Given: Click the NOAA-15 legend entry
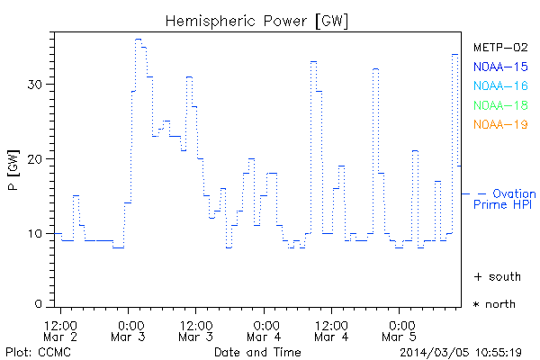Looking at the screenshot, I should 499,67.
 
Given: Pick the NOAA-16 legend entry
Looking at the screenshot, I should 499,86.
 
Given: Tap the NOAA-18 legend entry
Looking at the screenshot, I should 499,105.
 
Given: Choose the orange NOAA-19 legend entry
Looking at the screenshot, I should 499,124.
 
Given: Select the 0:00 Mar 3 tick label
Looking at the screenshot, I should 130,329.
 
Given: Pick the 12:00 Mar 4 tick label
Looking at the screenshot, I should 332,329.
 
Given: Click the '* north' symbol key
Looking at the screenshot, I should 494,304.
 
